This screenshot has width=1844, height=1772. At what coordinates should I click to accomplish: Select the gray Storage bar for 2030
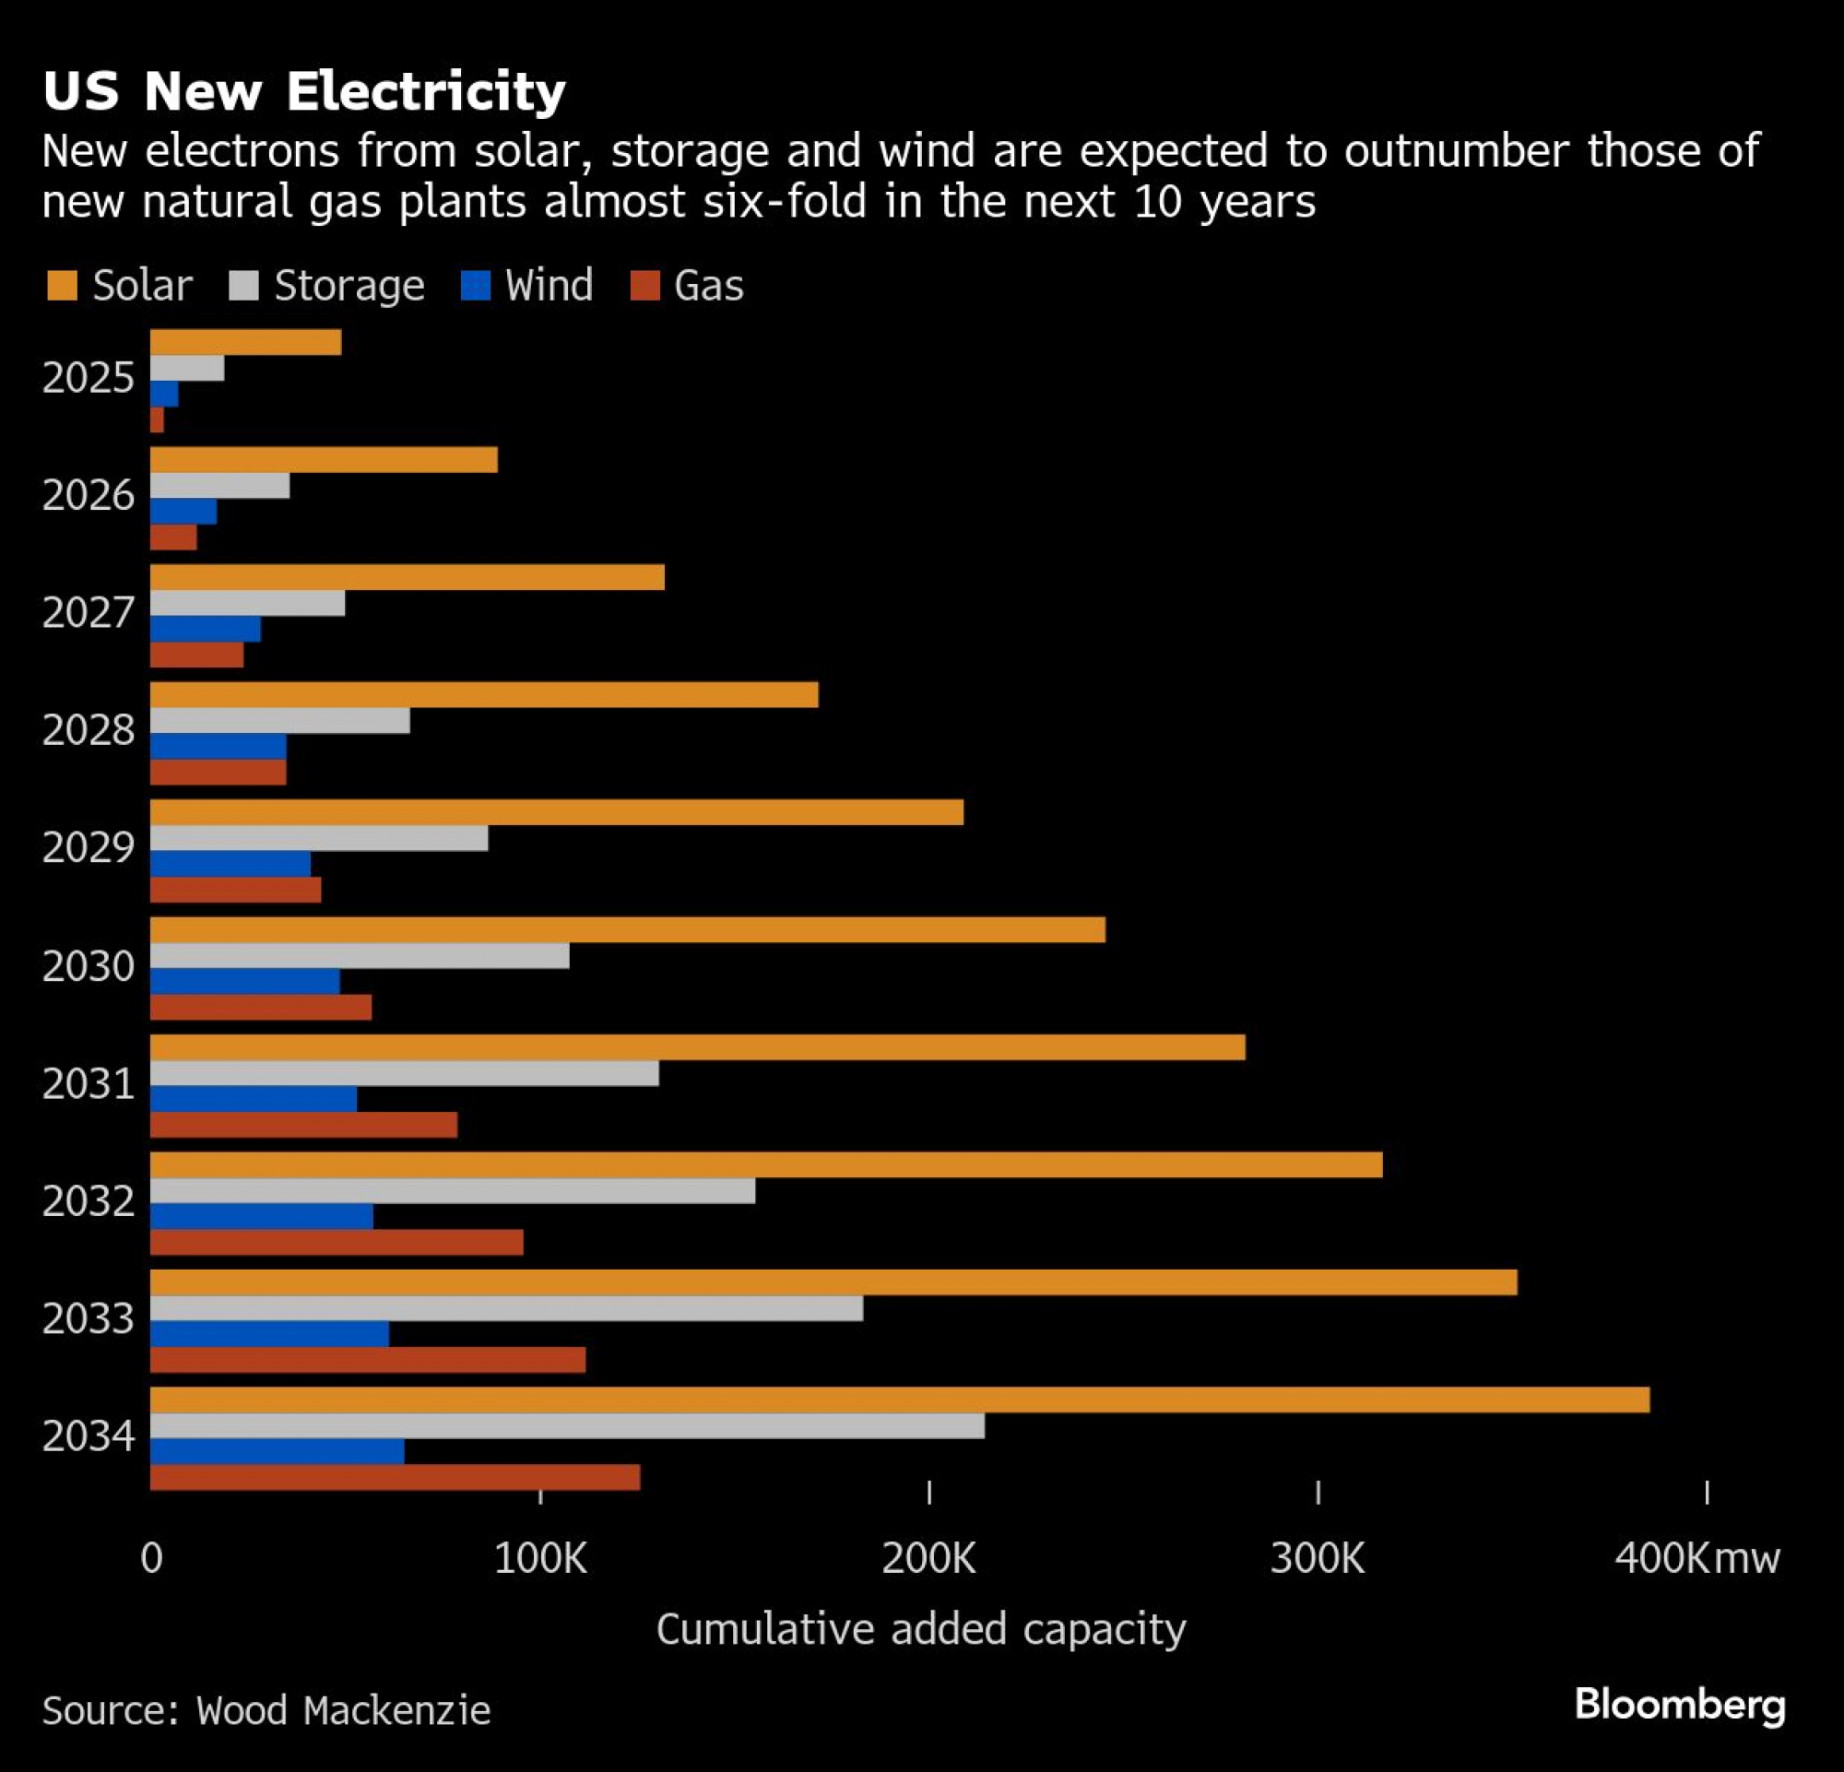[x=360, y=955]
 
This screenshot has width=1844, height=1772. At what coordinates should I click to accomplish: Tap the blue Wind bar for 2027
[x=205, y=629]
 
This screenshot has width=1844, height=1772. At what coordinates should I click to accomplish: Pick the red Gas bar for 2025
[x=157, y=420]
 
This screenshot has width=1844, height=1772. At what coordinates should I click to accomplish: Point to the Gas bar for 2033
[x=368, y=1359]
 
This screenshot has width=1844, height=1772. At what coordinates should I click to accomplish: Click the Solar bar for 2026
[x=324, y=460]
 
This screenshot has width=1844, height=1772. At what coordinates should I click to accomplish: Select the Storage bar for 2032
[x=453, y=1191]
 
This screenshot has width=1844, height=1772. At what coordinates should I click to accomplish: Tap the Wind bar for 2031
[x=253, y=1099]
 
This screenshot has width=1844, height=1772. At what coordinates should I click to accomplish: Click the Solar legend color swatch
[x=62, y=286]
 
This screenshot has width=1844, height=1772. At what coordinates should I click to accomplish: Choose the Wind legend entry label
[x=549, y=286]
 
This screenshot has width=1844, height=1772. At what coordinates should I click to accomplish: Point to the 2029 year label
[x=89, y=848]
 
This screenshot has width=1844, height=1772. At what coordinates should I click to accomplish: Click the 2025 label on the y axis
[x=89, y=378]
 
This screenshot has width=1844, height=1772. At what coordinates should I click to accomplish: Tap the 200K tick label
[x=928, y=1558]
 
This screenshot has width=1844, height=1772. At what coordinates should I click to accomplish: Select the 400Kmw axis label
[x=1696, y=1558]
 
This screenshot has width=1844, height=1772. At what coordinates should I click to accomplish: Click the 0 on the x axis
[x=151, y=1558]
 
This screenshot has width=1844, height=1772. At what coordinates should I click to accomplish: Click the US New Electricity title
[x=304, y=91]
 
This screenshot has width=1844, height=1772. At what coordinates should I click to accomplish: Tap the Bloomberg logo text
[x=1679, y=1706]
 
